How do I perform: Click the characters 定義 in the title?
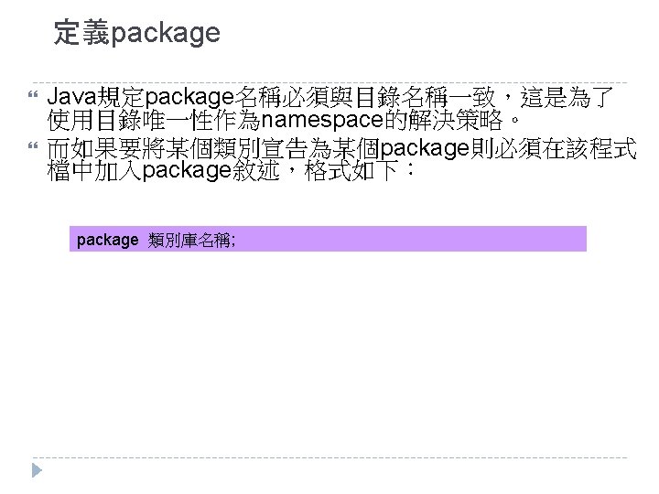(81, 34)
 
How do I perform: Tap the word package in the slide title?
(165, 35)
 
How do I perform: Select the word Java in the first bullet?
(72, 96)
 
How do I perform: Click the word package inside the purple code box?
(107, 240)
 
